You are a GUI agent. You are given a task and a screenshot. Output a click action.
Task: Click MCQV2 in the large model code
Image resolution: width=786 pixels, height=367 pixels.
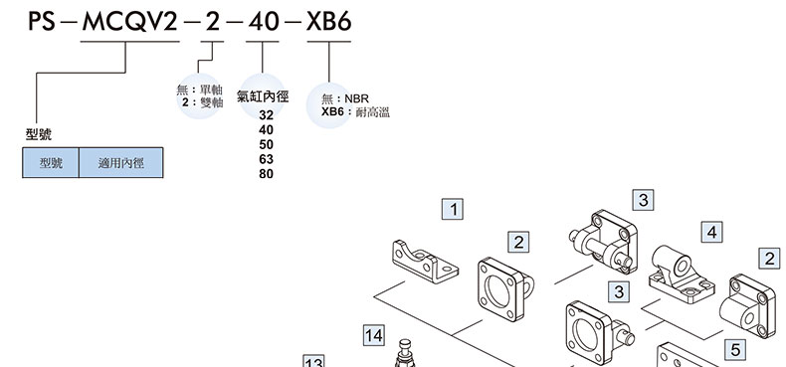(130, 22)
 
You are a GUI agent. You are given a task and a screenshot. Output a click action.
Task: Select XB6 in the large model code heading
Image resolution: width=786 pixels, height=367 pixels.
(329, 22)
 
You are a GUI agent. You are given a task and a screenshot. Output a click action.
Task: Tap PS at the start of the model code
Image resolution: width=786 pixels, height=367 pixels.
(41, 22)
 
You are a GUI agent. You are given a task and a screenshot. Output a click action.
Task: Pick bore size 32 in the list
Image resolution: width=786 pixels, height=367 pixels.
(267, 115)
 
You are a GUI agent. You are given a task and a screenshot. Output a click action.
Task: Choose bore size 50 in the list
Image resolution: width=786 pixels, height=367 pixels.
(267, 145)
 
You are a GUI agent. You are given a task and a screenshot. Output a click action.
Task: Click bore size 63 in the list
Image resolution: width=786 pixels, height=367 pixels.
(267, 159)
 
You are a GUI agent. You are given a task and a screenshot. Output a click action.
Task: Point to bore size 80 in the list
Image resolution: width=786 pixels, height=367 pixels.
(267, 174)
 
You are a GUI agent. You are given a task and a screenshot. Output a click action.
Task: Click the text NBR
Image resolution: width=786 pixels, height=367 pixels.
(356, 98)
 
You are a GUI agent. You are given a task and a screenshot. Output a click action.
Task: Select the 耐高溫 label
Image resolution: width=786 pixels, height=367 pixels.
(372, 111)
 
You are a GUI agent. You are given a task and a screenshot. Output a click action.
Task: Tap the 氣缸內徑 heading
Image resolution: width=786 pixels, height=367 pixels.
(263, 96)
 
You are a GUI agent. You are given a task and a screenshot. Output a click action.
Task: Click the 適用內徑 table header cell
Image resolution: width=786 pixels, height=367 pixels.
(120, 162)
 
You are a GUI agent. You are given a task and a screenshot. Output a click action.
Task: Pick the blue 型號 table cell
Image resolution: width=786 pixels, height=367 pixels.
(51, 162)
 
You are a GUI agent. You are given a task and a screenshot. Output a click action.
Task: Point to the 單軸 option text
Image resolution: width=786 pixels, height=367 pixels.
(211, 91)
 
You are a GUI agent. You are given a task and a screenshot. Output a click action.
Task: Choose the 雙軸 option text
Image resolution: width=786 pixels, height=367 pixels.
(211, 102)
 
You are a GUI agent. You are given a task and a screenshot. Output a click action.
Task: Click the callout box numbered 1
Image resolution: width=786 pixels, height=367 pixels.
(453, 209)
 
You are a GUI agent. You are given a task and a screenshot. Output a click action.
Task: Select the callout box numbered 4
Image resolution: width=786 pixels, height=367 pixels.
(711, 232)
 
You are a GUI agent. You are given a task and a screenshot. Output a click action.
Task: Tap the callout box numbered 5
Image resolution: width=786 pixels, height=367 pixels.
(735, 349)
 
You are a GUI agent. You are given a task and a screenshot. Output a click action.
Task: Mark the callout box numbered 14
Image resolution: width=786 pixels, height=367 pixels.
(374, 335)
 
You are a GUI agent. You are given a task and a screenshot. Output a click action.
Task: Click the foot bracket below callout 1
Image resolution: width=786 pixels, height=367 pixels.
(425, 261)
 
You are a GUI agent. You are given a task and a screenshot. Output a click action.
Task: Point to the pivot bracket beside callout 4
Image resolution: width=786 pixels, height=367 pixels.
(681, 275)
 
